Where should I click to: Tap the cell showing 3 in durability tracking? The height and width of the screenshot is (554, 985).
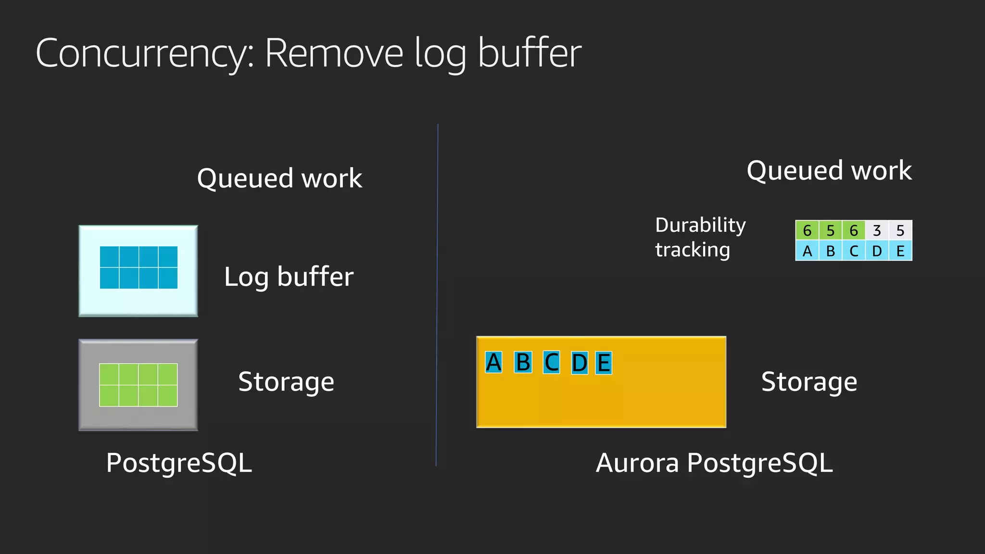point(877,230)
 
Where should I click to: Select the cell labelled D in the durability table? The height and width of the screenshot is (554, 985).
point(877,251)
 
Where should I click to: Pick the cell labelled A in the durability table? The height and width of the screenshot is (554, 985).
point(807,251)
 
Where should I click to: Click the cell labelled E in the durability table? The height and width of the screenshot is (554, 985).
point(900,251)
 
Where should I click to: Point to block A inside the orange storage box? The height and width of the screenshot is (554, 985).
point(493,363)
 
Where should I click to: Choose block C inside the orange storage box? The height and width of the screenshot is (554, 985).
point(552,363)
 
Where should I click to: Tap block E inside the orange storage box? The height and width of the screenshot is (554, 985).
point(604,363)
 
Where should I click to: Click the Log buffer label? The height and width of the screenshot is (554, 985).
point(289,277)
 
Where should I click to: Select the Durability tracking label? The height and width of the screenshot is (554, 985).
point(700,237)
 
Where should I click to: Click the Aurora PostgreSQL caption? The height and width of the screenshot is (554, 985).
point(714,463)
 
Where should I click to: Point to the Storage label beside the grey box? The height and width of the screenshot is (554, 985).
point(286,382)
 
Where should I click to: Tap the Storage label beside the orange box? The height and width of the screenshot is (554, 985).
point(809,382)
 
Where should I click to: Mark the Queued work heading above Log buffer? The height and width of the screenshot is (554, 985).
point(279,178)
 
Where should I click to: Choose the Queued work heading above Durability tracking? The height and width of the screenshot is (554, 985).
point(829,171)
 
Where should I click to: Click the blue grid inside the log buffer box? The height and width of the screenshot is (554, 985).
point(139,267)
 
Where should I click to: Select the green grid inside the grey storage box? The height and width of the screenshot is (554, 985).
point(139,385)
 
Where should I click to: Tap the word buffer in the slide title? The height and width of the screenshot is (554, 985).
point(530,54)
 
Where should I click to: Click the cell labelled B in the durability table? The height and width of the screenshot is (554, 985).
point(831,251)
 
